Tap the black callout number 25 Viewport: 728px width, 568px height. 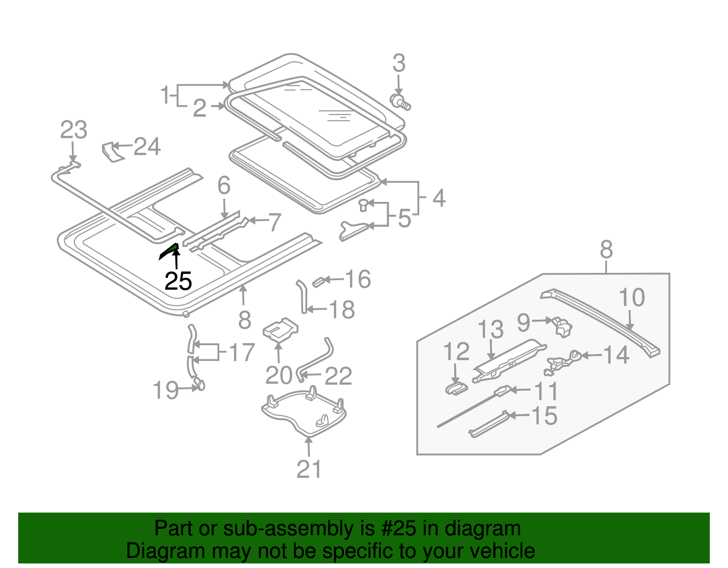tap(178, 281)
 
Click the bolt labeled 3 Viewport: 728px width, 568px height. tap(400, 102)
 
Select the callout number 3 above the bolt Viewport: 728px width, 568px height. tap(399, 64)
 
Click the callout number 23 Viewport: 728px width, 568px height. tap(74, 131)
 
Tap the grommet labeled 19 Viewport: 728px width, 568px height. tap(199, 385)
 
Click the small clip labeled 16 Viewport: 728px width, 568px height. tap(318, 281)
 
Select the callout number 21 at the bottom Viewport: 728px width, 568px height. tap(309, 469)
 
